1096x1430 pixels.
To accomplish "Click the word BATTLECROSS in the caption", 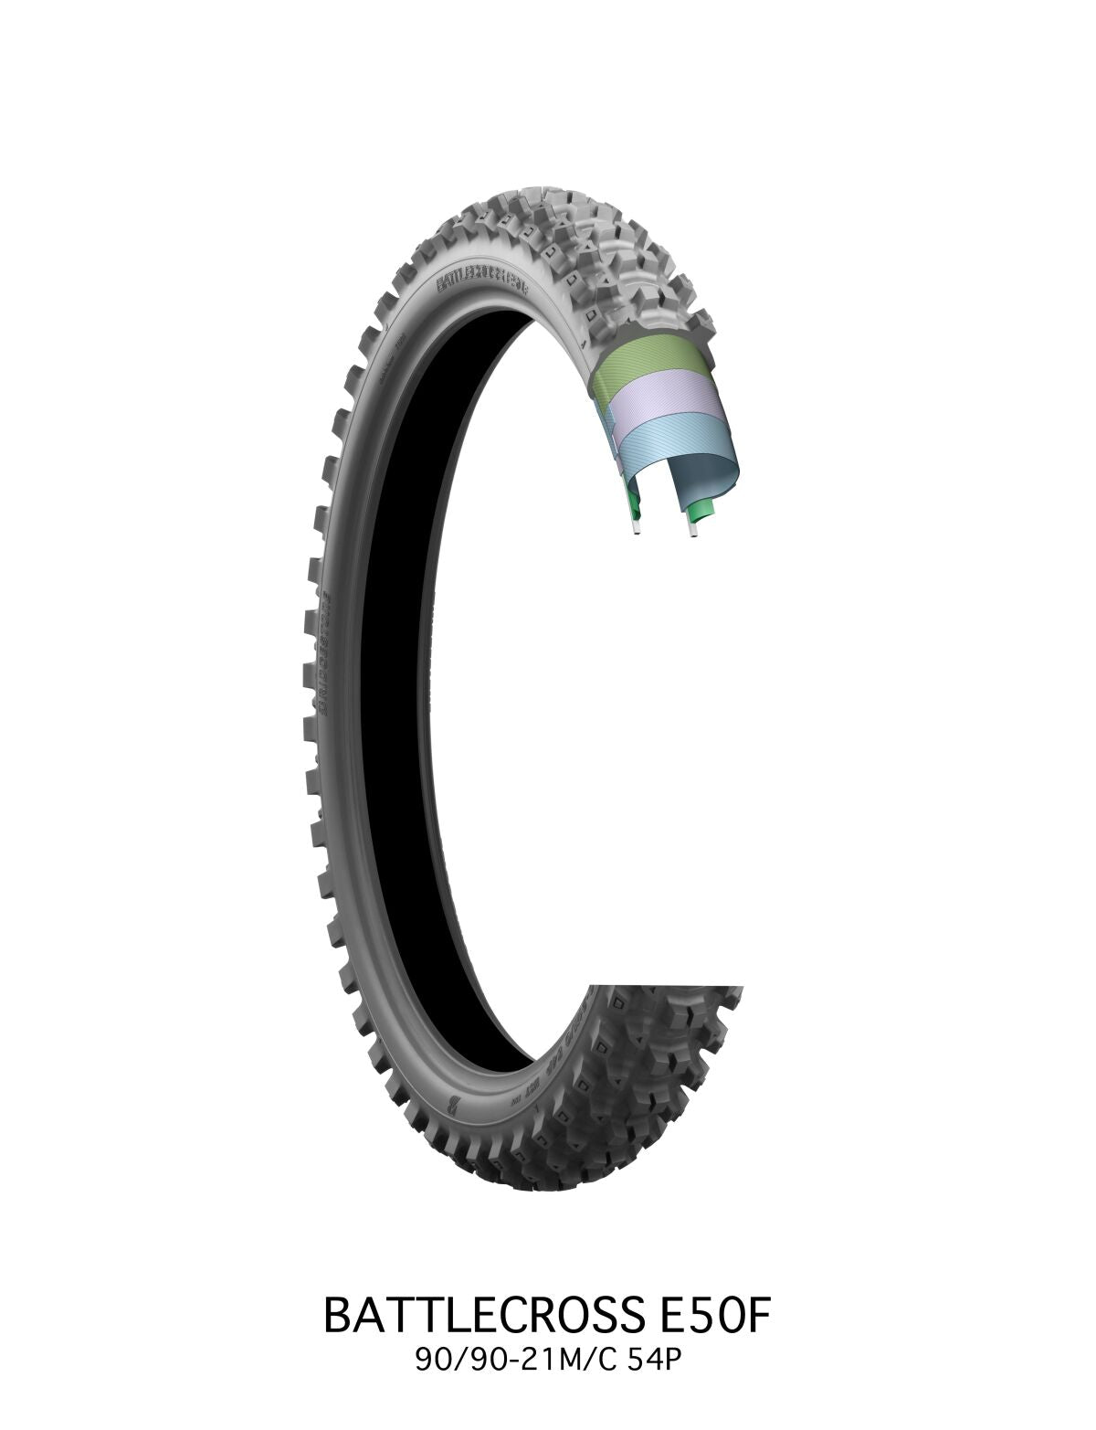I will tap(470, 1315).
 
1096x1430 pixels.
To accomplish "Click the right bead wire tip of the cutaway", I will tap(694, 531).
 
